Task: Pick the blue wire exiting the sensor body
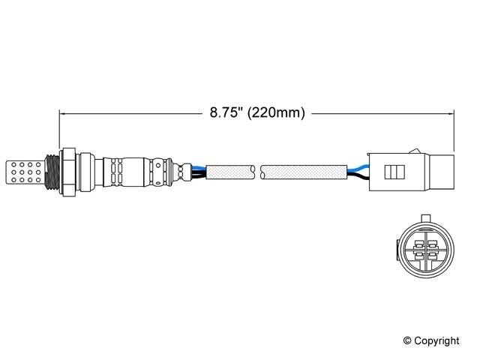pos(196,166)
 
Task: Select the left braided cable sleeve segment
pos(229,173)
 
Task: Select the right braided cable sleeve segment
pos(304,173)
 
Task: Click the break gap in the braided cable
pos(257,173)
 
